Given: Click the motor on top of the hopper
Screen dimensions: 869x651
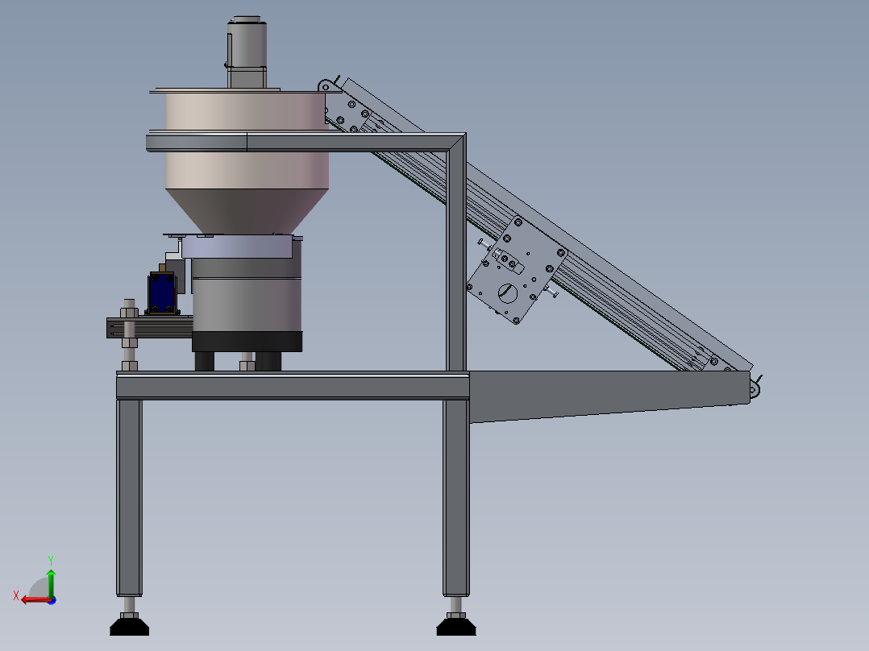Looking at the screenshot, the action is pos(247,52).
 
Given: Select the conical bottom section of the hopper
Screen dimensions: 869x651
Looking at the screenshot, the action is pos(247,211).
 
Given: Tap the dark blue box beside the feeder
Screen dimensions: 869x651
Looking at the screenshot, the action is pos(162,292).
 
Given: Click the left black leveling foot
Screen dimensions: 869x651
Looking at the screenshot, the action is pos(129,626).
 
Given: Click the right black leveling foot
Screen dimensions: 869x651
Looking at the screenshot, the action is pos(456,626).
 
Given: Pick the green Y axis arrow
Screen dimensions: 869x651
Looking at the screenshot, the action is pos(51,583).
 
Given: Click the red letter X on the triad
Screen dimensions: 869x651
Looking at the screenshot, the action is pos(16,595).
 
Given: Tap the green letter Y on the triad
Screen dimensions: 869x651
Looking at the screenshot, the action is pos(51,560).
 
